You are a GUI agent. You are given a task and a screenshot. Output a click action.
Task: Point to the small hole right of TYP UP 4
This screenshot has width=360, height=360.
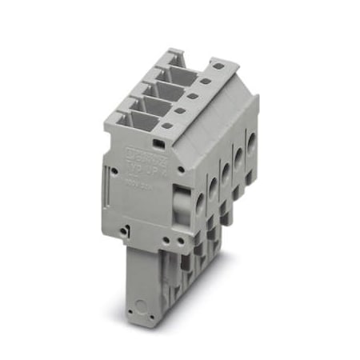pyautogui.click(x=182, y=170)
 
